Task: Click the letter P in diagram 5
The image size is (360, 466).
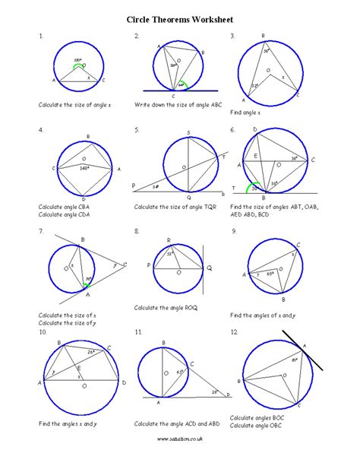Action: [134, 185]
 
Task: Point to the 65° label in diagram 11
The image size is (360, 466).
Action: [181, 372]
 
